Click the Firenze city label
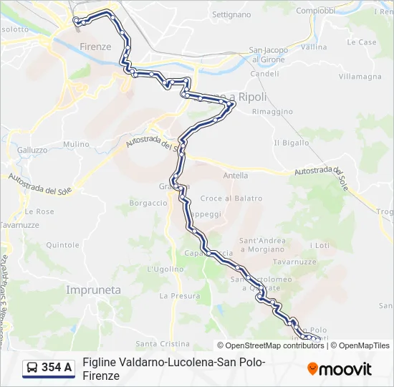point(95,47)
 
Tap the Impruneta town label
point(93,290)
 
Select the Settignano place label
point(231,14)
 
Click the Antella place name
point(236,176)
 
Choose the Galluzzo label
point(32,150)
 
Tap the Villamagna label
point(360,76)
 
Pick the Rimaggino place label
point(273,112)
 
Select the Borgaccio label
point(148,203)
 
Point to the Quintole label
point(62,244)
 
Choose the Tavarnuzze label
point(19,224)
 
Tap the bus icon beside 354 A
point(32,368)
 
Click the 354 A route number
point(57,368)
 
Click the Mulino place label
point(75,144)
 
